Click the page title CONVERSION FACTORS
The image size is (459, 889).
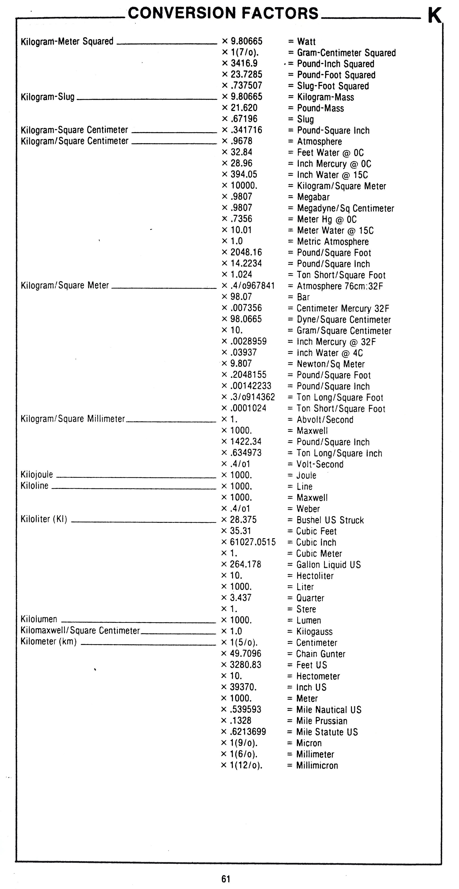coord(223,13)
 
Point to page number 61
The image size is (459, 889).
coord(226,879)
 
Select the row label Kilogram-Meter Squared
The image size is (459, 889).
coord(67,42)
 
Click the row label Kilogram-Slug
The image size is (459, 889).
coord(48,97)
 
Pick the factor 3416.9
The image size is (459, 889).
coord(244,64)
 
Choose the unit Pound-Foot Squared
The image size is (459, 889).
coord(336,75)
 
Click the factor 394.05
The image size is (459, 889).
coord(244,175)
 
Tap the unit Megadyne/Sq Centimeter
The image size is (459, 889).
coord(345,208)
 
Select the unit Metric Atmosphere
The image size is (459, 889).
coord(333,242)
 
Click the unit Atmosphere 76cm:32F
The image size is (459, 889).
coord(340,286)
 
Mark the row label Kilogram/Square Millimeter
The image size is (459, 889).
coord(73,419)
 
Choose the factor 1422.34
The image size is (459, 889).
coord(246,442)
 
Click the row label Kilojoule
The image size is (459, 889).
coord(37,475)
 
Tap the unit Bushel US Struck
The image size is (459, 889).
coord(330,520)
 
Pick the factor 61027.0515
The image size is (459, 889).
coord(252,542)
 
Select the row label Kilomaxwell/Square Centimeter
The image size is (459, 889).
coord(80,631)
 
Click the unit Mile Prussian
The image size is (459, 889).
coord(321,721)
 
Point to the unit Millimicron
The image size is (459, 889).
coord(317,765)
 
